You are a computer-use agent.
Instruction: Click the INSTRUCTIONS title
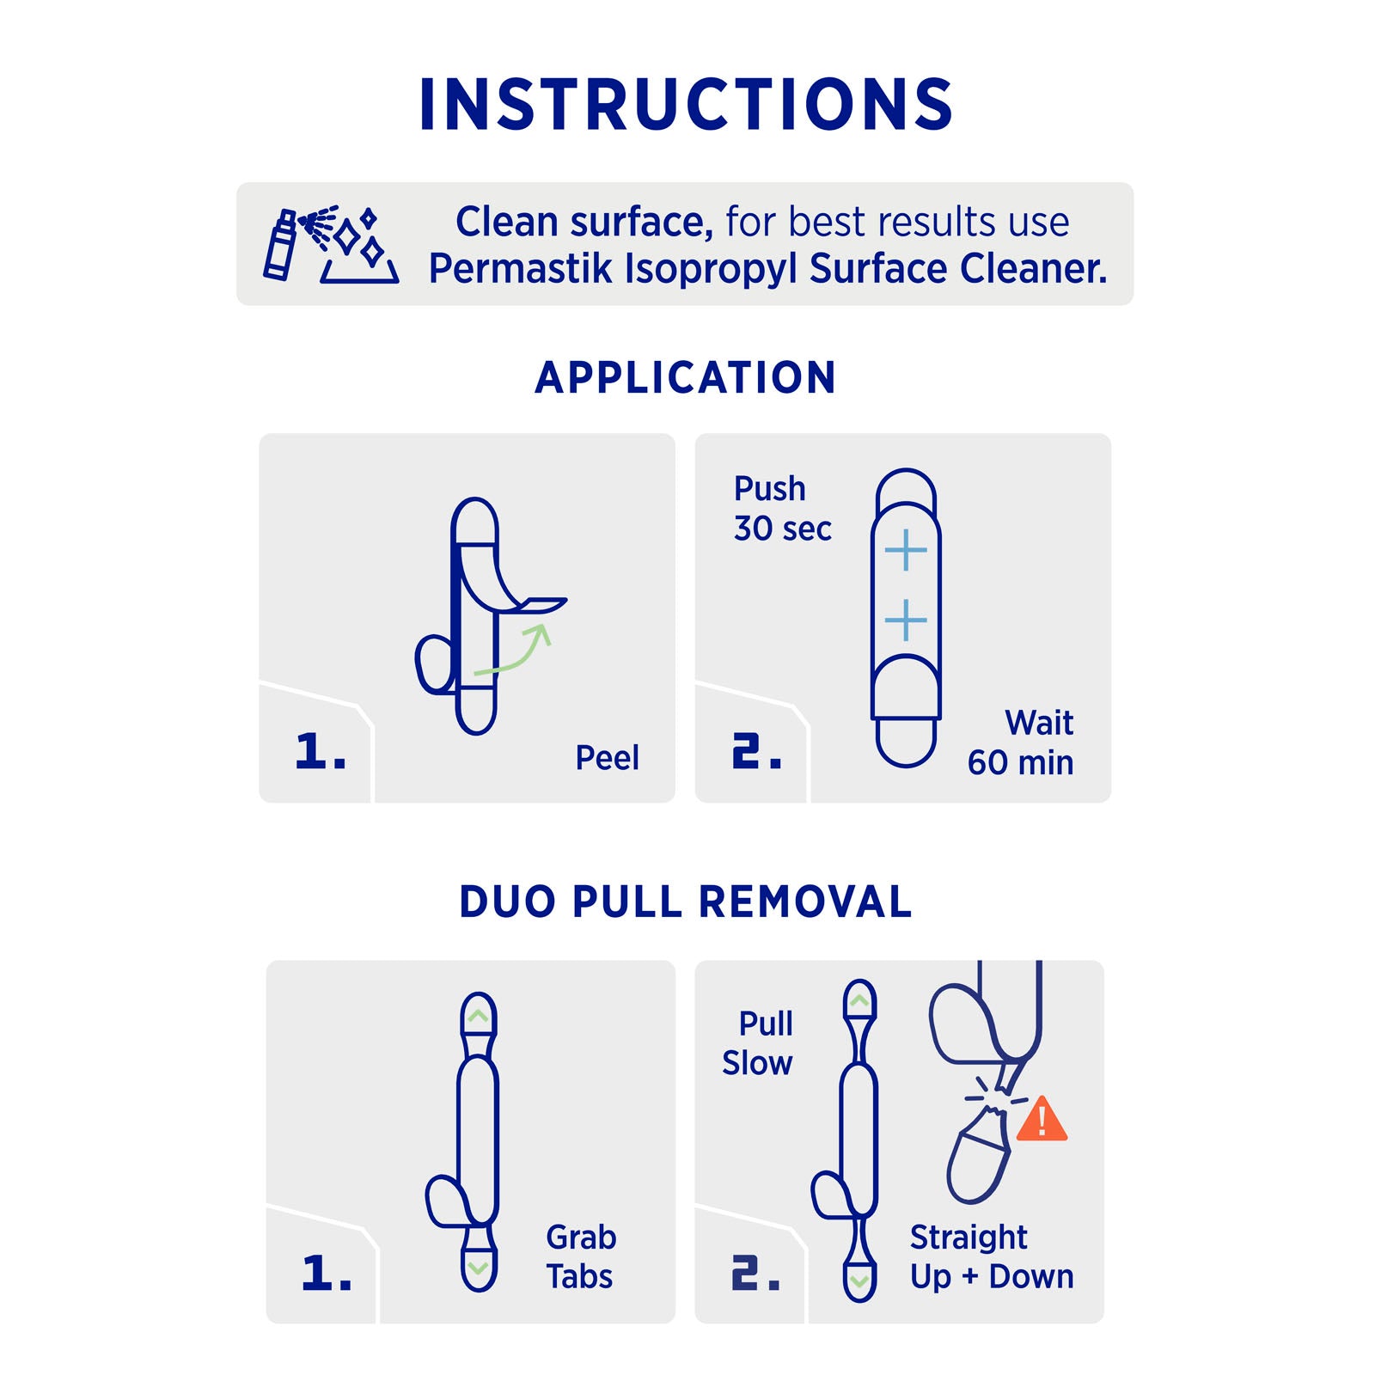(x=686, y=105)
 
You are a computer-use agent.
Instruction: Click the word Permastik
(x=522, y=268)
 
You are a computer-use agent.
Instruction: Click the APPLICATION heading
(x=686, y=378)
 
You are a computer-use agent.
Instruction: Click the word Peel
(x=607, y=758)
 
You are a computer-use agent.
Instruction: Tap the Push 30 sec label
(x=782, y=509)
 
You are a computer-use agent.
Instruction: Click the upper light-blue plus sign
(x=906, y=550)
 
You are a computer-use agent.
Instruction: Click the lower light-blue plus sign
(x=906, y=620)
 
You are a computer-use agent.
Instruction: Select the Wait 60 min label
(x=1021, y=742)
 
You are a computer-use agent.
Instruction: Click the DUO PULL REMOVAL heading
(x=686, y=902)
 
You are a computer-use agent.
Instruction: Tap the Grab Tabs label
(x=581, y=1256)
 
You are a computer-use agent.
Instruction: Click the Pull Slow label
(x=757, y=1043)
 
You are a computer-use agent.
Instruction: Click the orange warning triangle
(x=1042, y=1119)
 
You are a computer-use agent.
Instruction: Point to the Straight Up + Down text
(x=992, y=1256)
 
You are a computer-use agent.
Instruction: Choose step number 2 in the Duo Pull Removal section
(x=756, y=1273)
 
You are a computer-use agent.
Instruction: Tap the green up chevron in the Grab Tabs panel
(x=478, y=1016)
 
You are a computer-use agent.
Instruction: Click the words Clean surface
(x=584, y=222)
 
